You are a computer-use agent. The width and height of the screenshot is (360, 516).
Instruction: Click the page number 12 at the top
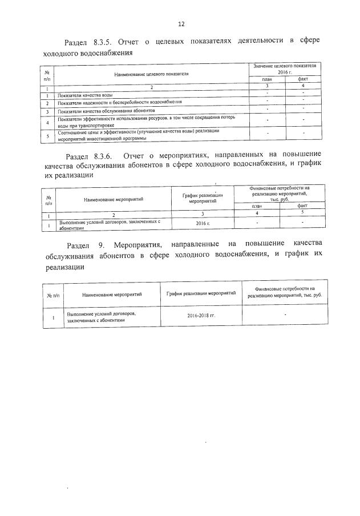pyautogui.click(x=181, y=24)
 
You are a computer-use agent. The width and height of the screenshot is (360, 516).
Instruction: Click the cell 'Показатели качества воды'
pyautogui.click(x=83, y=95)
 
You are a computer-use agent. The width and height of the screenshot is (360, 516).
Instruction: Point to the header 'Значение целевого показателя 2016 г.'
pyautogui.click(x=285, y=70)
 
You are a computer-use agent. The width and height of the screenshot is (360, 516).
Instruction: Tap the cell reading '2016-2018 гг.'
pyautogui.click(x=201, y=316)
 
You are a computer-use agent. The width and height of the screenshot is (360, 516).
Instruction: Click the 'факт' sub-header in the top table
pyautogui.click(x=303, y=80)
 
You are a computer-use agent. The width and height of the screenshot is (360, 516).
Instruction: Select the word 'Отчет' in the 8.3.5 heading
pyautogui.click(x=133, y=42)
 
